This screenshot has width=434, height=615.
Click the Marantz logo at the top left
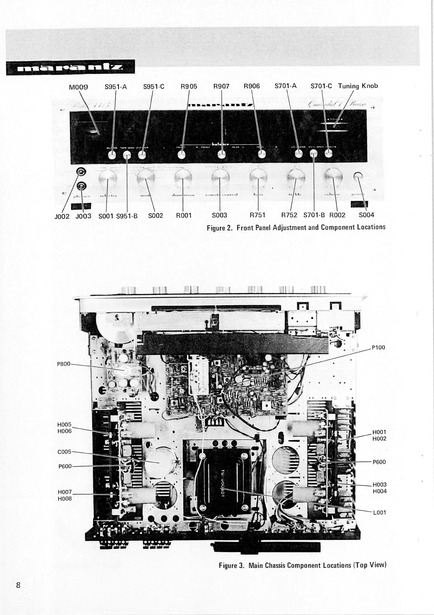point(70,68)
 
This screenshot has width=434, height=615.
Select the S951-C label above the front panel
point(154,87)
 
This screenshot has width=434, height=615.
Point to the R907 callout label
point(221,86)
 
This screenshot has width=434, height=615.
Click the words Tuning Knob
point(358,86)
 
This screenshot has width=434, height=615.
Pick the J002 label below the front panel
point(61,216)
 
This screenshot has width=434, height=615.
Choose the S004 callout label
point(366,215)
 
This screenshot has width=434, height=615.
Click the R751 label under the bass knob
point(257,215)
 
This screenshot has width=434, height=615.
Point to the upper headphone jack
point(81,172)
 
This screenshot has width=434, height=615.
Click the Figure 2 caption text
point(296,227)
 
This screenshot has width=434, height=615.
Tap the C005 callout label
point(64,451)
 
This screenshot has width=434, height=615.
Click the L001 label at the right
point(379,512)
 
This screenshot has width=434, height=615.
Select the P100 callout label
point(378,347)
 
